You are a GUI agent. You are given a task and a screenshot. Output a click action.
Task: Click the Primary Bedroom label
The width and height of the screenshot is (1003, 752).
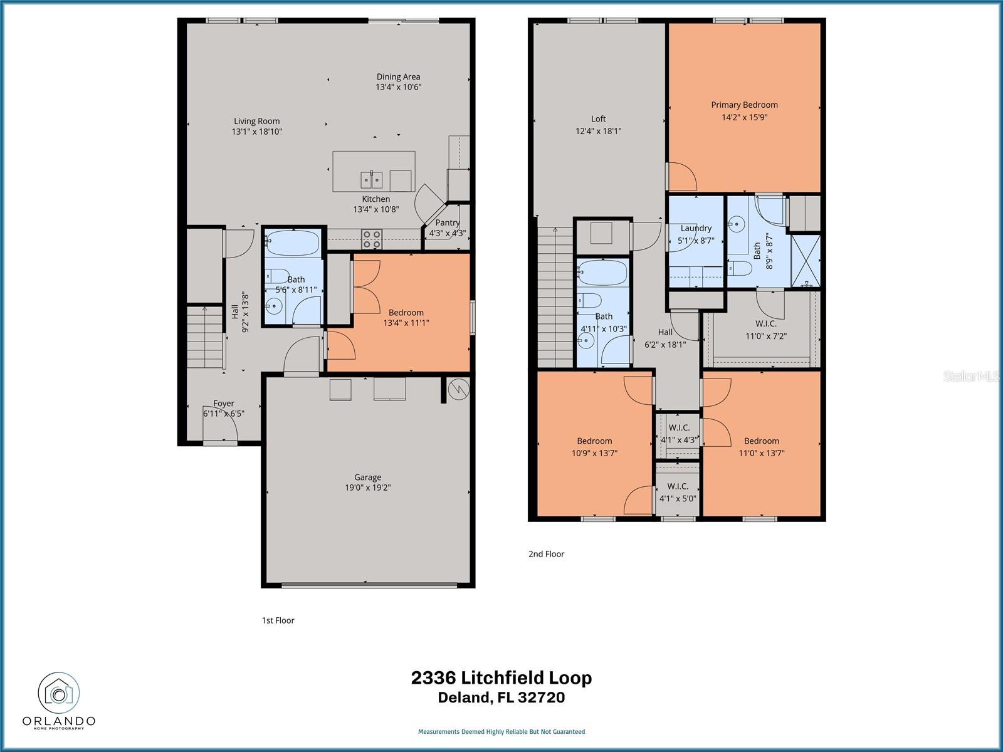[x=744, y=105]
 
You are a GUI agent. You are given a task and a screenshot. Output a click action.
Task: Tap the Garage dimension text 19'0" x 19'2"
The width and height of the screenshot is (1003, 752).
[x=367, y=488]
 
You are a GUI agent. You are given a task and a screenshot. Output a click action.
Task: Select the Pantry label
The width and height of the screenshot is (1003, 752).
[x=448, y=222]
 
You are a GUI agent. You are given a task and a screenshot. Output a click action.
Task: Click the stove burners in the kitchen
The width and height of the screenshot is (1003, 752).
[x=372, y=239]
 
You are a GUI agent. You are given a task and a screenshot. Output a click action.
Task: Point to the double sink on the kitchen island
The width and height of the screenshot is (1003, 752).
[x=372, y=180]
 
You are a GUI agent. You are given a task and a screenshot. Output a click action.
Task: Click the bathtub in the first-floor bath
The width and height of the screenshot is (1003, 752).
[x=293, y=243]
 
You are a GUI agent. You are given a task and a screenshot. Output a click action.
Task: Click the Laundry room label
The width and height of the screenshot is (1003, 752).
[x=696, y=229]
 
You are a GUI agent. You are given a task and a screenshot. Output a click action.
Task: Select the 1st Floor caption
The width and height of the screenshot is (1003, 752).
[x=278, y=620]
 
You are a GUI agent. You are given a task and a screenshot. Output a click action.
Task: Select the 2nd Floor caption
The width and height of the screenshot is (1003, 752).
[x=546, y=554]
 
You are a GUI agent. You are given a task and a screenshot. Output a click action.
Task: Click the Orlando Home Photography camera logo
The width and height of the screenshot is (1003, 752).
[x=59, y=694]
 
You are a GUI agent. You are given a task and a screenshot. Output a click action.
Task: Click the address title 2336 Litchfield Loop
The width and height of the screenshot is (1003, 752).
[x=501, y=678]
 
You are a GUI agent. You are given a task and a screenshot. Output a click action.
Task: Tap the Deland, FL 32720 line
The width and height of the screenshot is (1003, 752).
[x=501, y=697]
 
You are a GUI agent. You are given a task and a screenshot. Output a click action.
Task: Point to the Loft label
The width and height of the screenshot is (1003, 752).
[x=598, y=119]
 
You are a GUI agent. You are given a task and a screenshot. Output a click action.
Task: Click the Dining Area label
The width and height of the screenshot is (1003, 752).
[x=398, y=77]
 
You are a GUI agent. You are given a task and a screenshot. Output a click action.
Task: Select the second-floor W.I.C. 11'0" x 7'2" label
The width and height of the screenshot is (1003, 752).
[x=765, y=330]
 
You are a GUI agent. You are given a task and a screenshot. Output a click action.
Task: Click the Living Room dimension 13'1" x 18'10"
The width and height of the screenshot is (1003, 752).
[x=256, y=132]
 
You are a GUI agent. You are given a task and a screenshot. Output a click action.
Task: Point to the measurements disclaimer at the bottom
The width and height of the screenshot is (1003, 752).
[x=501, y=731]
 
